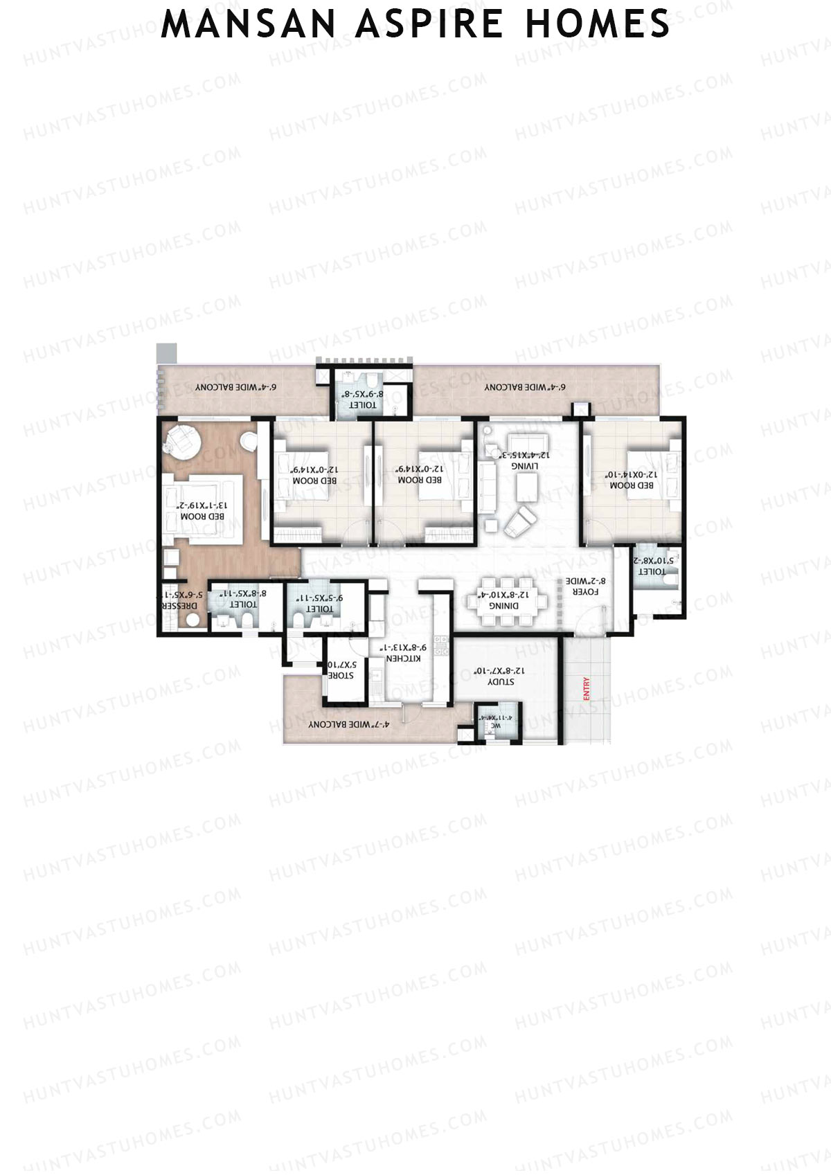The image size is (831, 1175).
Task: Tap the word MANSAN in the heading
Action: [251, 24]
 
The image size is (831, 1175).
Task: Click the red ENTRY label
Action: [587, 690]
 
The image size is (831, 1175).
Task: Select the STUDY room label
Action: [500, 681]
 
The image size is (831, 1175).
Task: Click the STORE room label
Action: [341, 675]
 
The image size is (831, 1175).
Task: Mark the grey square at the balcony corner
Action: [167, 353]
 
